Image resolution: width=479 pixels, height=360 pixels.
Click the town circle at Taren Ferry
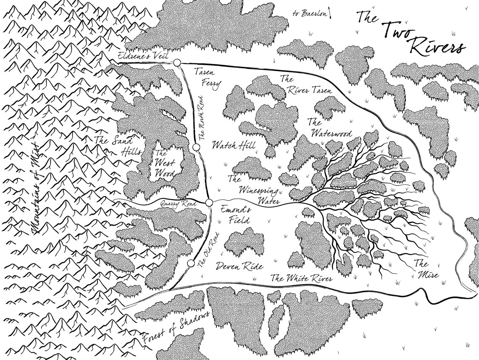177,63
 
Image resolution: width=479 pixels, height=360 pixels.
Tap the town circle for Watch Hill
196,147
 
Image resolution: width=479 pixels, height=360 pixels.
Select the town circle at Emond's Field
209,204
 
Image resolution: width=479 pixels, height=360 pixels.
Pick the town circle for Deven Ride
191,264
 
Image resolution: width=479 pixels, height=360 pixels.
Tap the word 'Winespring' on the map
259,191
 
